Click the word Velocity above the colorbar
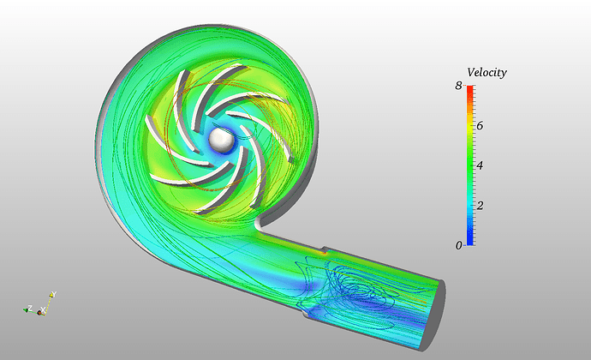[x=487, y=72]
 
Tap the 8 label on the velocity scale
[x=458, y=86]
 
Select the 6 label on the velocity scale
[x=480, y=126]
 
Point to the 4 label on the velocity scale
[x=480, y=165]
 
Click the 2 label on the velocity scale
[x=480, y=205]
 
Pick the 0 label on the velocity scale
[x=458, y=246]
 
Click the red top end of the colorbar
[x=470, y=88]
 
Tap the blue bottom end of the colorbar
[x=470, y=243]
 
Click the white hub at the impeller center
[x=222, y=140]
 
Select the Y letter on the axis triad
[x=54, y=294]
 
